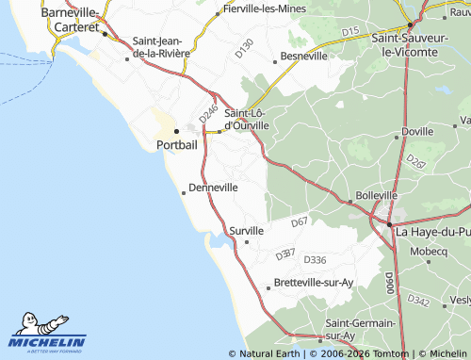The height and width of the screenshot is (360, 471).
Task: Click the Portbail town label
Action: (176, 145)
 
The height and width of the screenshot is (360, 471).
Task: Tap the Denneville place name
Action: (213, 188)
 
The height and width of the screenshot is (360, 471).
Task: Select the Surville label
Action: (246, 230)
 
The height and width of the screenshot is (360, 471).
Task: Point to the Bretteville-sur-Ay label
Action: (313, 283)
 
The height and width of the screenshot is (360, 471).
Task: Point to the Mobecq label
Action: (429, 252)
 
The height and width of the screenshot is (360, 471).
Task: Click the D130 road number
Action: (244, 48)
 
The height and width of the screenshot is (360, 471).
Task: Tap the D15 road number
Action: (350, 32)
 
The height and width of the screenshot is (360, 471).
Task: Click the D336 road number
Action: (315, 260)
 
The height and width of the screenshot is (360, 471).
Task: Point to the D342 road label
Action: (419, 302)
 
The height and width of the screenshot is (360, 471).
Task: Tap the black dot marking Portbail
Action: (176, 132)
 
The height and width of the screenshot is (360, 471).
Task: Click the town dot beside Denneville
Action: (184, 192)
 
